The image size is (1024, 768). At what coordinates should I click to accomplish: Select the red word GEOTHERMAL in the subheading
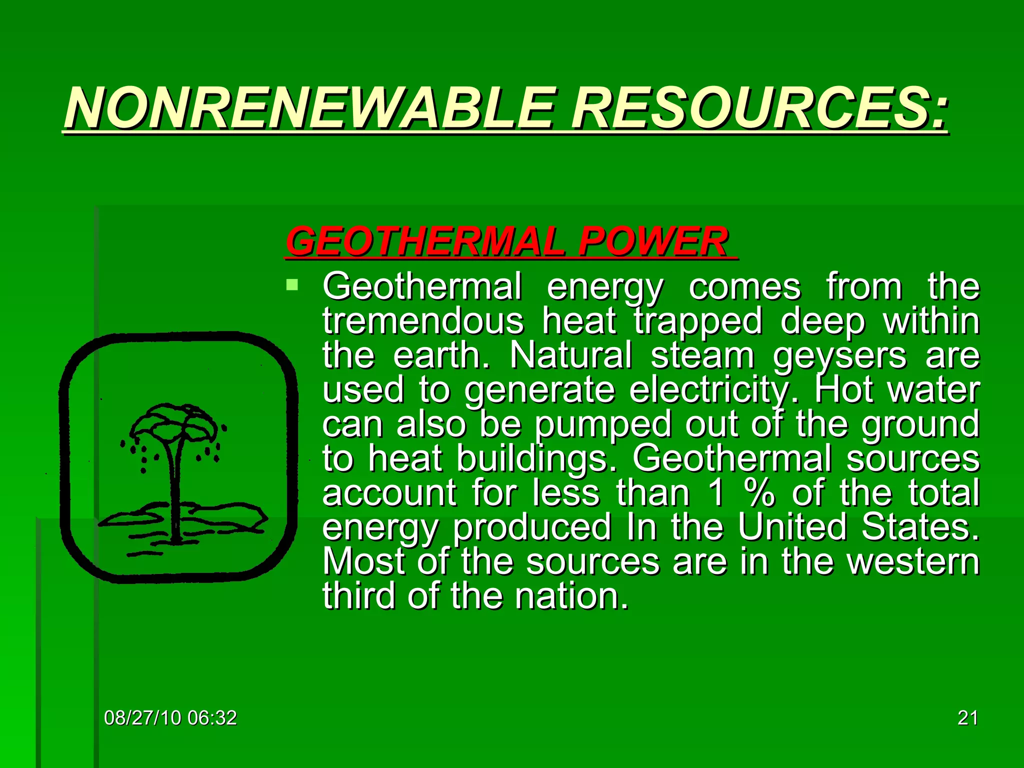coord(425,241)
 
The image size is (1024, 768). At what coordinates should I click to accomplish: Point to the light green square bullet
coord(292,286)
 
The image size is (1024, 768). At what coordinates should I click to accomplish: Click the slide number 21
coord(967,718)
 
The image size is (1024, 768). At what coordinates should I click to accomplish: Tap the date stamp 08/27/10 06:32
coord(170,718)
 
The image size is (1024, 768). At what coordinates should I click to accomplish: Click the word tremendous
coord(423,321)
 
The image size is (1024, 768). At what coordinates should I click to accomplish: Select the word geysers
coord(839,356)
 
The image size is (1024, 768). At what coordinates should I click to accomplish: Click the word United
coord(792,527)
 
